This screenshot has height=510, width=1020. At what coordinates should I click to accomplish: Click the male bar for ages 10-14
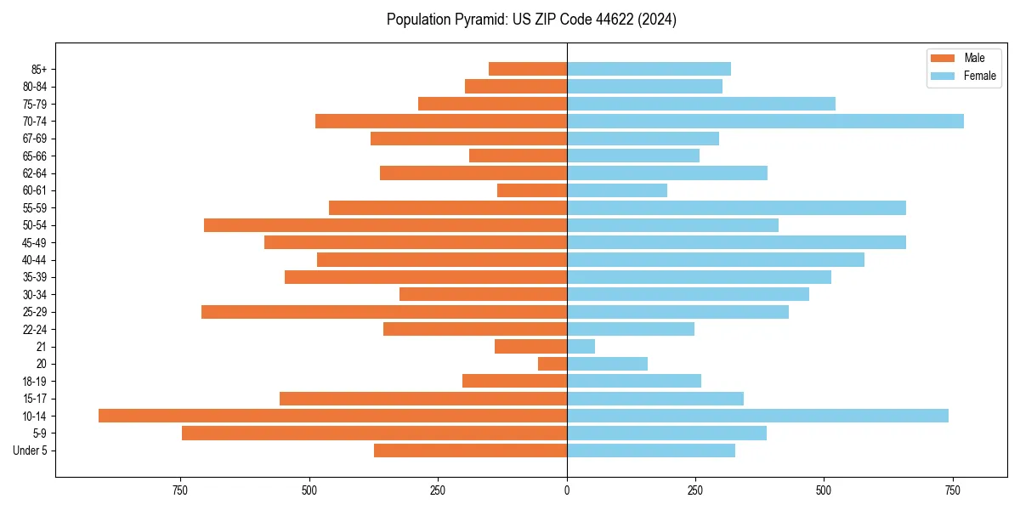332,416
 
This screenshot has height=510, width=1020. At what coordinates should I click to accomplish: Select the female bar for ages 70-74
765,121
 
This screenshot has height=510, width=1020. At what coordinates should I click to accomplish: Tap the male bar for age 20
552,364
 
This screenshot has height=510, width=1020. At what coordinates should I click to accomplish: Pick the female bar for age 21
581,346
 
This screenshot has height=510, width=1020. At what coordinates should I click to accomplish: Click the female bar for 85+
649,69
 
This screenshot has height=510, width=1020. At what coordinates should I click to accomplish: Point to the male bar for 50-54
385,225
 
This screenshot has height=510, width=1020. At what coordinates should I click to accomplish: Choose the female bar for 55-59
736,207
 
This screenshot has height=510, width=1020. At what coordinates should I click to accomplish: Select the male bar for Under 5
470,450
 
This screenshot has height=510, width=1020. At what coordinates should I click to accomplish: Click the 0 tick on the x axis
567,490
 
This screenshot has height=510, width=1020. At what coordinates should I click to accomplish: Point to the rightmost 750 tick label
953,490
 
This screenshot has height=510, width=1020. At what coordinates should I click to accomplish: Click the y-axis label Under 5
30,450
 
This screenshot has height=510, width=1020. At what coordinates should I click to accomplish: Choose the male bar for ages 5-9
374,433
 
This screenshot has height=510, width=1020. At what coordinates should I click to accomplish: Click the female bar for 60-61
617,190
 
